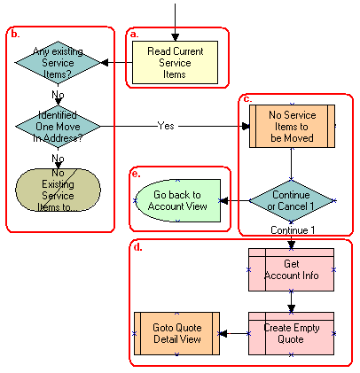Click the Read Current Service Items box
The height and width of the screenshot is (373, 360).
(x=176, y=63)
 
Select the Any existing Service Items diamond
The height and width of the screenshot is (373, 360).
(x=58, y=63)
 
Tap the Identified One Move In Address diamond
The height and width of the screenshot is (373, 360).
(x=58, y=127)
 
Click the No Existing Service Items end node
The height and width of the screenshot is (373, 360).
(x=58, y=189)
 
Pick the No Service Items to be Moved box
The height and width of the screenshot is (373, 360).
(x=292, y=126)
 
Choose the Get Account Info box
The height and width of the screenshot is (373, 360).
(x=292, y=269)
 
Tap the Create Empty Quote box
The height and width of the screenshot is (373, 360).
(x=292, y=333)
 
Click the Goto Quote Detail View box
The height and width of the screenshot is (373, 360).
(x=176, y=333)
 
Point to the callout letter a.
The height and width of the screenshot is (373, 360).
(x=135, y=34)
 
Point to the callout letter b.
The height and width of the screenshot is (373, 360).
(x=14, y=34)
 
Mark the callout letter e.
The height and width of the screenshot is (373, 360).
(x=135, y=174)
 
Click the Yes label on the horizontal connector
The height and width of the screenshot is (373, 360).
(x=166, y=126)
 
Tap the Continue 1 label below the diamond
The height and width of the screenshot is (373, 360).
(x=291, y=230)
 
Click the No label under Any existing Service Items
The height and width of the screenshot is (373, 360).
(x=58, y=94)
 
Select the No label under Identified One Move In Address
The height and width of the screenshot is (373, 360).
(x=58, y=159)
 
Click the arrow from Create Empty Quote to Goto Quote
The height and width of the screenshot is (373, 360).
(x=233, y=333)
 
